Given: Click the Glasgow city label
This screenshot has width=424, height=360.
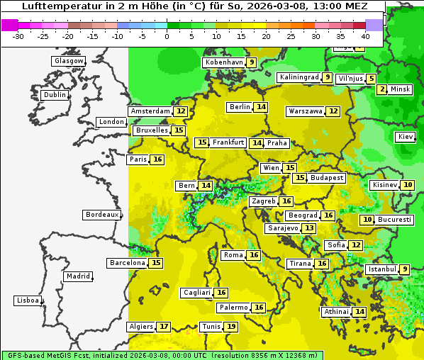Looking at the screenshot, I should [x=69, y=61].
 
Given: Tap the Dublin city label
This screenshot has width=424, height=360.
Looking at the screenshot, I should [x=54, y=95].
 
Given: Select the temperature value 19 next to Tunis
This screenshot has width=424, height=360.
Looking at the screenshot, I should [x=231, y=327].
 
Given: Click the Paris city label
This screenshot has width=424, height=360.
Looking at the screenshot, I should [x=138, y=159].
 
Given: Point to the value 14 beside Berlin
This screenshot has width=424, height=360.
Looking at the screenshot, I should [x=262, y=107].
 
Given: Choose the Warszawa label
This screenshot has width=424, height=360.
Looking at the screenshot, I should [x=305, y=111].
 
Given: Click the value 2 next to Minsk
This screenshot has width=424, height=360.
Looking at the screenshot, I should [x=382, y=89].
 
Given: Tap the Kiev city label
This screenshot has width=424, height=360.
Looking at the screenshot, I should [x=406, y=137].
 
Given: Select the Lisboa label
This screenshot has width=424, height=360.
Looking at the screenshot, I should [x=27, y=300].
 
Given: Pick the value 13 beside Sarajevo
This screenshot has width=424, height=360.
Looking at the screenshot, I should [x=308, y=228].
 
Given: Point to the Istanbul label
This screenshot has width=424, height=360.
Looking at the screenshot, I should [x=381, y=270].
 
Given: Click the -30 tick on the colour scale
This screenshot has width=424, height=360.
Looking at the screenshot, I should [x=18, y=36].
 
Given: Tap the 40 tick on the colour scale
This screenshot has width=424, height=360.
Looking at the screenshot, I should [x=365, y=36].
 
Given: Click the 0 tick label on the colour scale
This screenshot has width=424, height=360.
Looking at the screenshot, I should [x=167, y=36].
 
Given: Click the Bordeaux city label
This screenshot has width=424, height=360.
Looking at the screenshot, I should [x=102, y=215].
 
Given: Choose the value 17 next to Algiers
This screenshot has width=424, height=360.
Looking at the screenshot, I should [x=164, y=327].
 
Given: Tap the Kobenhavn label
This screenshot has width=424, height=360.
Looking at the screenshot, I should [x=224, y=62].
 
